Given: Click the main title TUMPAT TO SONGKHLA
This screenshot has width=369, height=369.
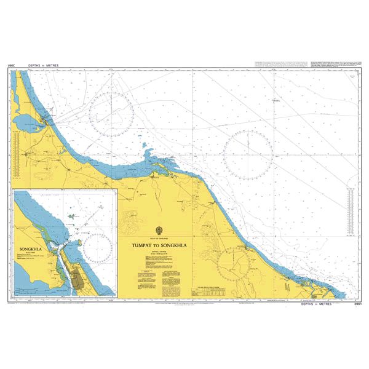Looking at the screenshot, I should (x=159, y=244).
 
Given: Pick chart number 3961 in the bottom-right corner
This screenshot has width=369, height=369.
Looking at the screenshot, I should (x=352, y=304).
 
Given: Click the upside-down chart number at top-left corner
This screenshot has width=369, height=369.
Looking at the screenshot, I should (x=12, y=64).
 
